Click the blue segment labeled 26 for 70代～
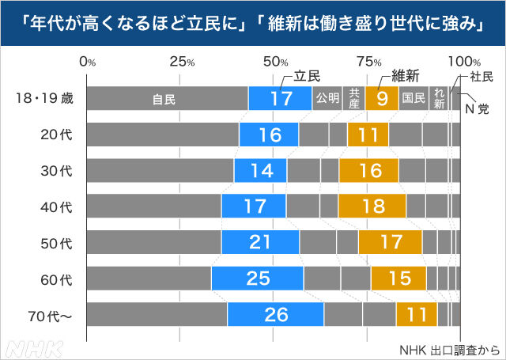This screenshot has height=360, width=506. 275,314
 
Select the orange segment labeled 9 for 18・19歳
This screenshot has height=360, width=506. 381,99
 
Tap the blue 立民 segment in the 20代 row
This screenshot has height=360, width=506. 269,135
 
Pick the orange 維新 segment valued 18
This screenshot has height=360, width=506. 372,207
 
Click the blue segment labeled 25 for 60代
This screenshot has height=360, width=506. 257,278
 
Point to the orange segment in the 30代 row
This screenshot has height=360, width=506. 368,170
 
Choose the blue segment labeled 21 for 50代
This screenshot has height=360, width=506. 260,242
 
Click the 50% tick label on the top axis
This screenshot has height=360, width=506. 275,62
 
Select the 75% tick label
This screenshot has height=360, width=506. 368,62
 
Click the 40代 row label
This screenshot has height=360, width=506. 56,207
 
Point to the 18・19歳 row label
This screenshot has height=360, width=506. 45,99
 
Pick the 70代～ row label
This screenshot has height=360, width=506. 50,314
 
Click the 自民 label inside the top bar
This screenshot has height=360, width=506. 164,100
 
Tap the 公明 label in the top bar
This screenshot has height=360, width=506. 328,99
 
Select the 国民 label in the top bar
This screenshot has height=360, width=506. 413,99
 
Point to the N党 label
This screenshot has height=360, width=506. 477,108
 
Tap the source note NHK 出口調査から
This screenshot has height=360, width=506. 448,349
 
